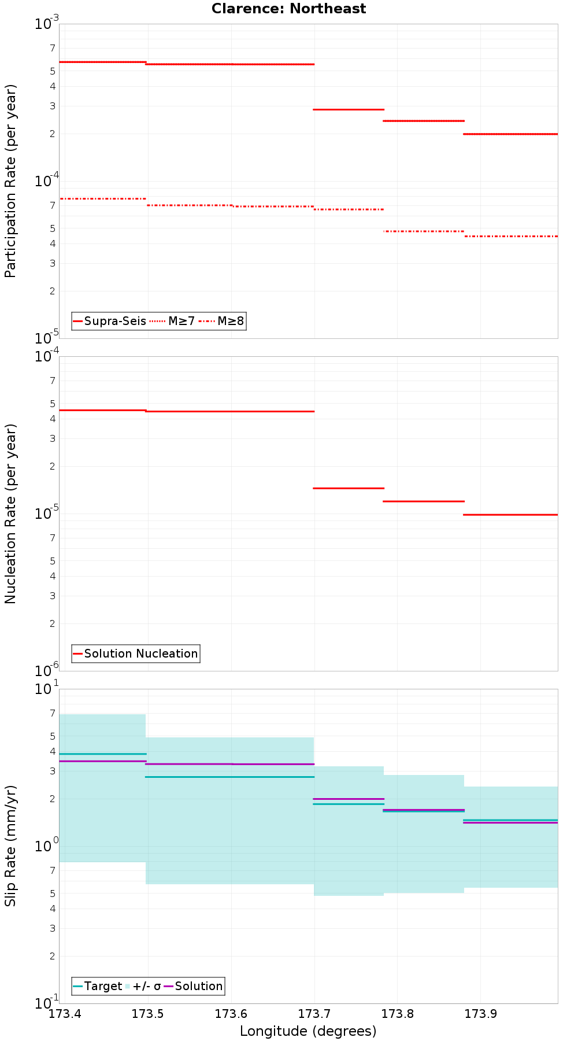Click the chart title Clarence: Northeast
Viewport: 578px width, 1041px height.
pyautogui.click(x=288, y=9)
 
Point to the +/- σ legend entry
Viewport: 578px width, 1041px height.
pyautogui.click(x=145, y=986)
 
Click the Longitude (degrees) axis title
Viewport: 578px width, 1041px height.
pyautogui.click(x=308, y=1031)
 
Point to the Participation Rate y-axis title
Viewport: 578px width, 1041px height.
pyautogui.click(x=10, y=181)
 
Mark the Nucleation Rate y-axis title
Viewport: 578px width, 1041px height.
pyautogui.click(x=10, y=514)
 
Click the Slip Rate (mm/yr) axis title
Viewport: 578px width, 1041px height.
pyautogui.click(x=10, y=846)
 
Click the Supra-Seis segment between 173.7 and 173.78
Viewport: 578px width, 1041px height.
pyautogui.click(x=349, y=109)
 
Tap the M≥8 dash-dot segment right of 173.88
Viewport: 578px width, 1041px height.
pyautogui.click(x=511, y=236)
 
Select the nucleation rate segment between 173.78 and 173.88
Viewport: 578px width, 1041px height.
pyautogui.click(x=424, y=501)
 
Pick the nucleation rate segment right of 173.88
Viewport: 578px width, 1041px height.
pyautogui.click(x=511, y=515)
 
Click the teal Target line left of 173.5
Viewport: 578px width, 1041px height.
pyautogui.click(x=102, y=754)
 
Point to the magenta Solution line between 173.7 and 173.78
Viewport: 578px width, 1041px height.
pyautogui.click(x=349, y=799)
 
